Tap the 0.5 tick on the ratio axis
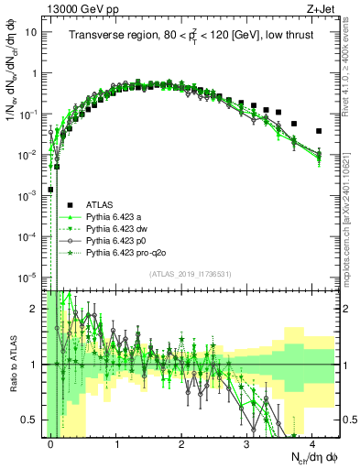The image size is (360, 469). [31, 420]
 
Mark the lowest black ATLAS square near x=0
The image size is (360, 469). [51, 191]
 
